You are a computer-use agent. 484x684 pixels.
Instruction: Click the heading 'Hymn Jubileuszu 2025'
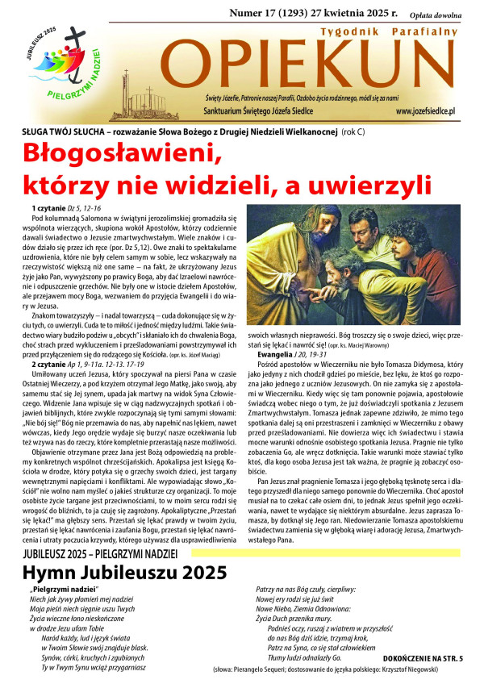pyautogui.click(x=112, y=573)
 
